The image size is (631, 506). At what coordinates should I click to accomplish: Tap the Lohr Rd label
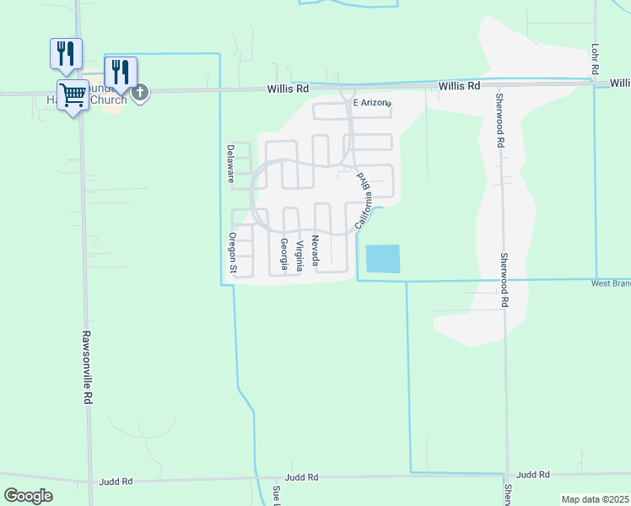595,57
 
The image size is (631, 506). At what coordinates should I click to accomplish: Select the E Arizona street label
372,102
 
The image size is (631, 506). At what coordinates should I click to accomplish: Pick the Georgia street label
284,254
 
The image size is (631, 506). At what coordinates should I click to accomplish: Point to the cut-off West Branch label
610,283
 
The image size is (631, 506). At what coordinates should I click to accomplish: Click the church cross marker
140,92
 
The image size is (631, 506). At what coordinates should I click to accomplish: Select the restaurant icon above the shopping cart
66,53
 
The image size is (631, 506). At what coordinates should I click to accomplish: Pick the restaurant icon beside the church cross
121,72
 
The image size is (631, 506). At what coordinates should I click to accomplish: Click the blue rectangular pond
383,258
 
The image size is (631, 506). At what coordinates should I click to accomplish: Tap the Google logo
28,495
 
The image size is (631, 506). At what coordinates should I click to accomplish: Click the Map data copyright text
596,499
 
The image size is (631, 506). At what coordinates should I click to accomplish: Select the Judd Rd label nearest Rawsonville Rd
116,482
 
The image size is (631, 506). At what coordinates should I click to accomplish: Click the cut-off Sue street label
276,494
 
